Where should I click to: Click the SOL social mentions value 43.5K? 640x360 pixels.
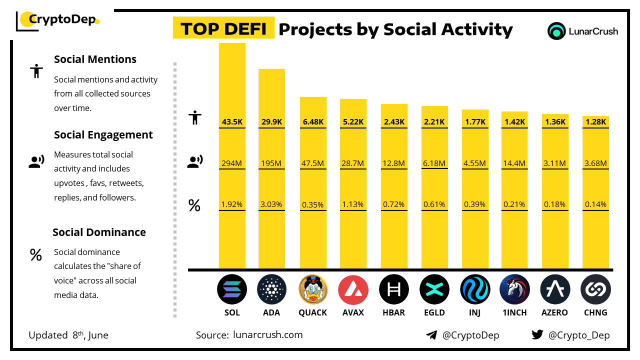[x=232, y=121]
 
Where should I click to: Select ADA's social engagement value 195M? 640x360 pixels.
[x=271, y=163]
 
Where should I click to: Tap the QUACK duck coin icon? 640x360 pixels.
[x=313, y=289]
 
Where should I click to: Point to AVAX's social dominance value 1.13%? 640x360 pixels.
[x=353, y=204]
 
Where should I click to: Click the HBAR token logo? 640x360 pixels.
[x=394, y=289]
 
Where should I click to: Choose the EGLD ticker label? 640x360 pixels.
[x=434, y=312]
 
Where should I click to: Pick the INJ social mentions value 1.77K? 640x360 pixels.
[x=475, y=121]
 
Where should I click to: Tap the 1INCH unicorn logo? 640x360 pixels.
[x=514, y=289]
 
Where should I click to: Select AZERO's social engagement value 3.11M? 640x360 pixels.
[x=555, y=163]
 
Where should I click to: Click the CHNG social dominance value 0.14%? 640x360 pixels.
[x=596, y=204]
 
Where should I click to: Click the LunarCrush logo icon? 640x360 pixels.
[x=556, y=31]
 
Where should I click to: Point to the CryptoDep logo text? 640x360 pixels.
[x=61, y=19]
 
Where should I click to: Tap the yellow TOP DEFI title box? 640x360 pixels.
[x=223, y=28]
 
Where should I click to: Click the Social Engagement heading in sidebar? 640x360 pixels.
[x=103, y=135]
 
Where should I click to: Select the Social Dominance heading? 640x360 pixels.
[x=99, y=232]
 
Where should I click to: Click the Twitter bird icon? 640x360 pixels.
[x=537, y=335]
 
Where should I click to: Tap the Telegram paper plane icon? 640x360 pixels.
[x=431, y=335]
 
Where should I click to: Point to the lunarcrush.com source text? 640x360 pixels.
[x=267, y=335]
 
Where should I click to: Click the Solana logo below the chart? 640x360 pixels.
[x=232, y=289]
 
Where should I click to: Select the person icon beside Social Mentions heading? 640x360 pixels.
[x=36, y=71]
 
